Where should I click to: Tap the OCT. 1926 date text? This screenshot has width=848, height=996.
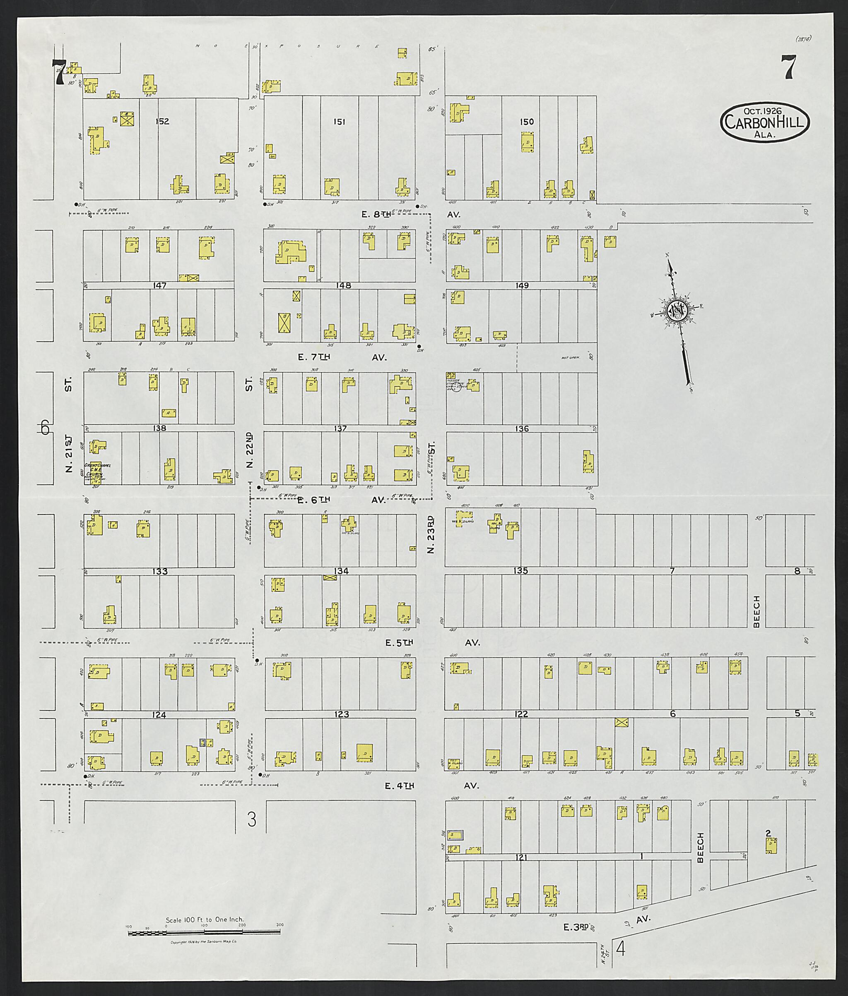(x=764, y=110)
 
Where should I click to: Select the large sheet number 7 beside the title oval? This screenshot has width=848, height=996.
(x=788, y=67)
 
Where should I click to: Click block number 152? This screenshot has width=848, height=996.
(x=162, y=122)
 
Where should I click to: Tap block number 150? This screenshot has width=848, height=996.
(x=527, y=122)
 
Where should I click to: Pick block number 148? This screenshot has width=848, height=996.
(x=343, y=285)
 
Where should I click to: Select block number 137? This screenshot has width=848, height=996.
(x=340, y=429)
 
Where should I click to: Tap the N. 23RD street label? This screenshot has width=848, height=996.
(x=431, y=534)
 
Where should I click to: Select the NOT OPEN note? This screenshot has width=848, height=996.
(x=571, y=357)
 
